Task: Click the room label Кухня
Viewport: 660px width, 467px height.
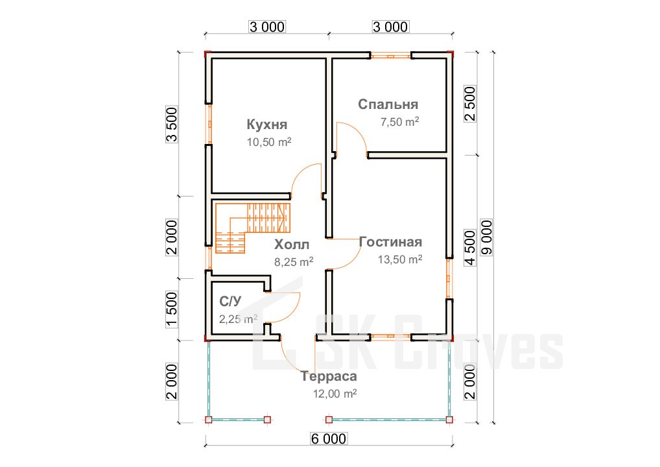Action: point(267,125)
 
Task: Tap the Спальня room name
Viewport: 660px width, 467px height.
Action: point(388,104)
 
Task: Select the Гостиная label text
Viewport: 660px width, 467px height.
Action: point(390,242)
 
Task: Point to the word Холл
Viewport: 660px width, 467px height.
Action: point(292,245)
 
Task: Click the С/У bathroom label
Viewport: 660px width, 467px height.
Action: point(230,301)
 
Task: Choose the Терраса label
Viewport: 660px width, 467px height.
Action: point(329,376)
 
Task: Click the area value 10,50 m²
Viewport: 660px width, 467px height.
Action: point(269,142)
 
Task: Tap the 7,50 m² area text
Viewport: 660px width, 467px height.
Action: point(400,122)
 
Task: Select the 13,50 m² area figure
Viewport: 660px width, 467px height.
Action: point(400,259)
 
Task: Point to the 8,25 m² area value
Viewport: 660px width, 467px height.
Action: point(294,262)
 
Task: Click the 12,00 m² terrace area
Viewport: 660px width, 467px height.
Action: point(335,394)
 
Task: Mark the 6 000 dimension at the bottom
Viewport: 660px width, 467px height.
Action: point(329,439)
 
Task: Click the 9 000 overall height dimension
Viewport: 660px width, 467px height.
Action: point(487,237)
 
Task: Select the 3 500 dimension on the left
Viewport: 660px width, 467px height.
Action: point(172,125)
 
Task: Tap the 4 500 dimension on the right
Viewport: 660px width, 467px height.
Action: point(470,248)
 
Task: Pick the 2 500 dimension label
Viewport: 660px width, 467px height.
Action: point(470,104)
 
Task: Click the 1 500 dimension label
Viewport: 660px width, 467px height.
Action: point(172,309)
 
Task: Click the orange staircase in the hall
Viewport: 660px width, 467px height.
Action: point(253,228)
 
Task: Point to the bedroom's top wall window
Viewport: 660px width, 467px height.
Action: point(390,55)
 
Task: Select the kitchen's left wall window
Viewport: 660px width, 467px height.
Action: point(209,124)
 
